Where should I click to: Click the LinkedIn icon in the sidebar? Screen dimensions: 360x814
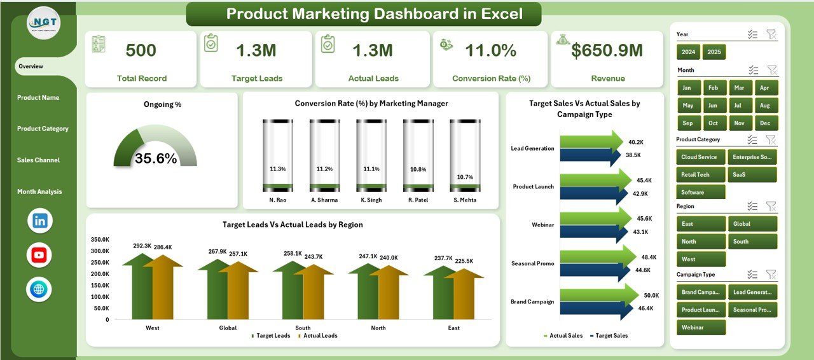(40, 221)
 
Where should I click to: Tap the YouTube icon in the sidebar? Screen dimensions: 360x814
(39, 255)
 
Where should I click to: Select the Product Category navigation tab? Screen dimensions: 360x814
(43, 128)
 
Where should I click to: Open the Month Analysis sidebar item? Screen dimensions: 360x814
(39, 191)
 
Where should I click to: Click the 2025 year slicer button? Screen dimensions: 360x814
(714, 52)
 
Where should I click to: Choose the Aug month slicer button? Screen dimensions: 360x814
(765, 106)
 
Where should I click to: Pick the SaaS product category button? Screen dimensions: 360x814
(752, 174)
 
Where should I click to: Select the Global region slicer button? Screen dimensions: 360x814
(752, 224)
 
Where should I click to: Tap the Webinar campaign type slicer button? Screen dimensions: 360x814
(701, 327)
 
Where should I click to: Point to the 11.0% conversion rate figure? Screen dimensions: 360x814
(490, 51)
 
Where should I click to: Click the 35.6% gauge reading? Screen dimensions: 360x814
(156, 159)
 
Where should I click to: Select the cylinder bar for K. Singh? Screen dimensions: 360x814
(371, 156)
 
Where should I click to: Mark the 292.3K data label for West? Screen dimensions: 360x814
(142, 246)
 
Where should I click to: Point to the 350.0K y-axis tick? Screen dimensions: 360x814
(100, 240)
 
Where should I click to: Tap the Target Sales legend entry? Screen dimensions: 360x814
(610, 335)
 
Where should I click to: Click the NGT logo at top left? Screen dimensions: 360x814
(44, 23)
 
